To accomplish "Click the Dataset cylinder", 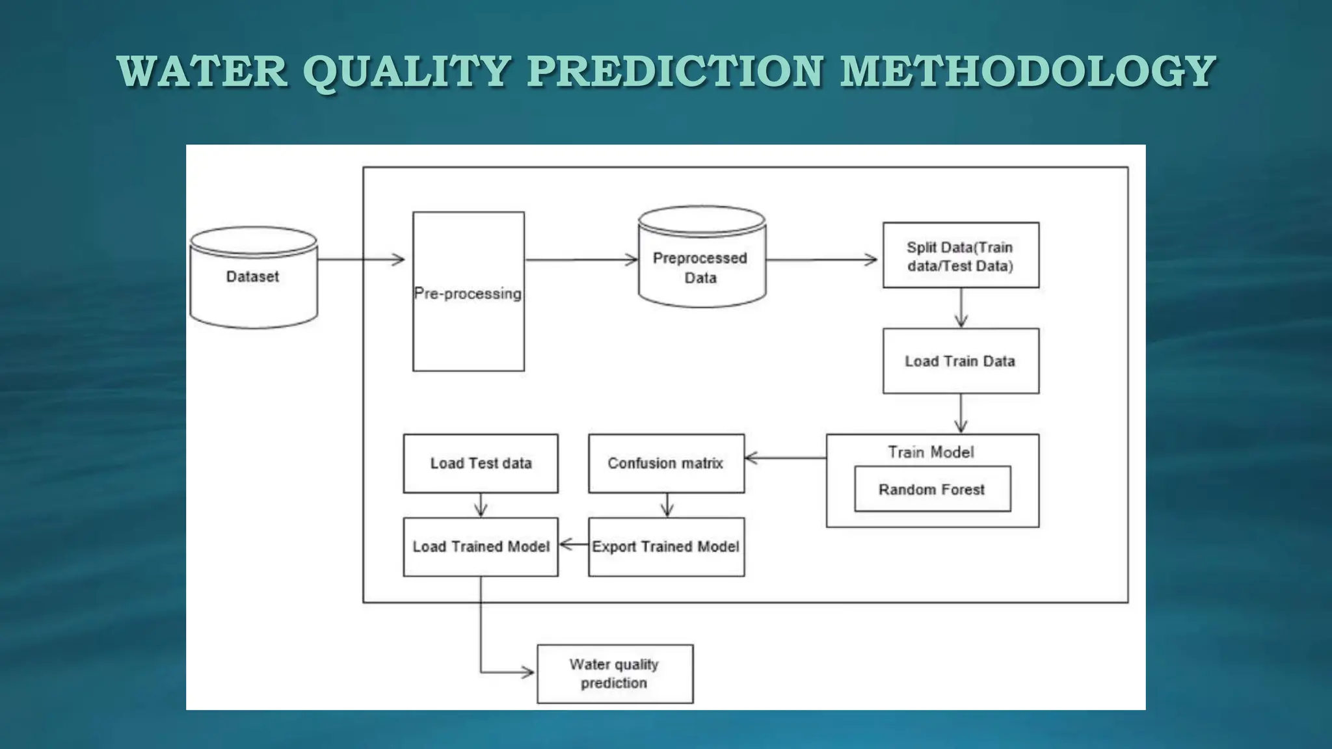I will point(253,278).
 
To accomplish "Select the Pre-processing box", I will point(468,293).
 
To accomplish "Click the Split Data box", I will point(960,256).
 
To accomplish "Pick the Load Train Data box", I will point(960,361).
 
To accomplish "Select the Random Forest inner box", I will point(932,489).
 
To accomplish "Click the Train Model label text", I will point(931,452).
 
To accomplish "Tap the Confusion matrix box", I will point(666,463).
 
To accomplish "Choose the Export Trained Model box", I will point(666,547).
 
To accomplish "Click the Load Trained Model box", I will point(481,547).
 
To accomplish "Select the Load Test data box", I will point(481,463).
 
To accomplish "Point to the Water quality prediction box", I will point(615,674).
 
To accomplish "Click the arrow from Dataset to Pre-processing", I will point(362,259).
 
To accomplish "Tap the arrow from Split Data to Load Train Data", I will point(961,308).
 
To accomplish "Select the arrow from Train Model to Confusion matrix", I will point(785,458).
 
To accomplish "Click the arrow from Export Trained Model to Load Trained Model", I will point(573,544).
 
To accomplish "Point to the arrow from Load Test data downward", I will point(481,505).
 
